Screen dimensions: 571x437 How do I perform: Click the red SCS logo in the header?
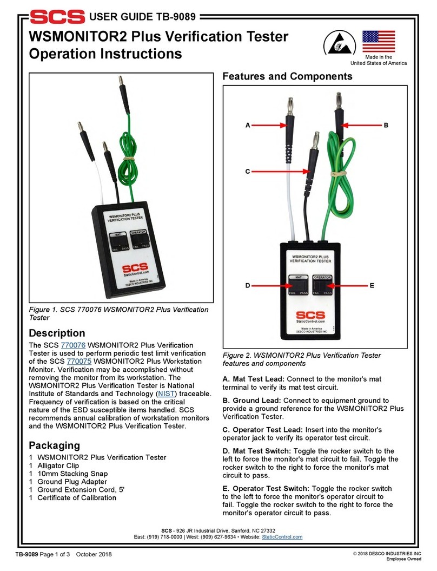coord(57,16)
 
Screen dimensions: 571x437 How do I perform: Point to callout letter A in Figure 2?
coord(248,125)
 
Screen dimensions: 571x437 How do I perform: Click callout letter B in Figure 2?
coord(386,125)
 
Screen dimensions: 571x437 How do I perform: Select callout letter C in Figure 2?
coord(247,171)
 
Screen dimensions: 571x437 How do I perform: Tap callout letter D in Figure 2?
coord(247,285)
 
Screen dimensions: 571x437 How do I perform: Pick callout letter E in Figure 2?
coord(372,285)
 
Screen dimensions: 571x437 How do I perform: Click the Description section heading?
coord(57,333)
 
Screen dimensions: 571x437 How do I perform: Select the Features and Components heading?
coord(287,77)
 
